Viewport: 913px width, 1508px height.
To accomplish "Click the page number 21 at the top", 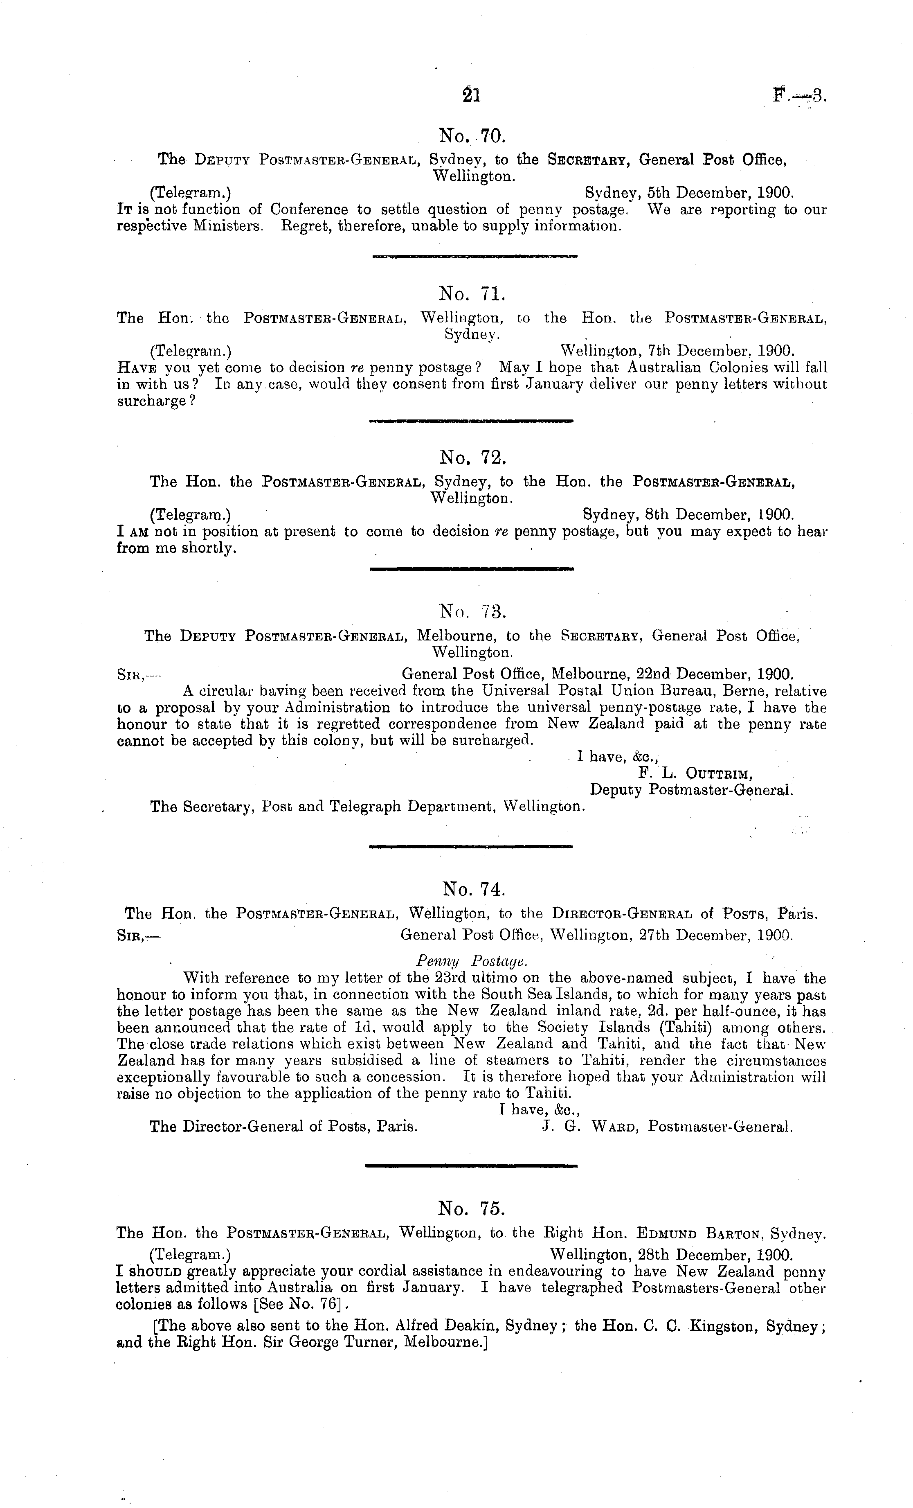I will click(472, 95).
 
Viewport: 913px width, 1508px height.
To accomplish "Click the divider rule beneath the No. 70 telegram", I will click(474, 257).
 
